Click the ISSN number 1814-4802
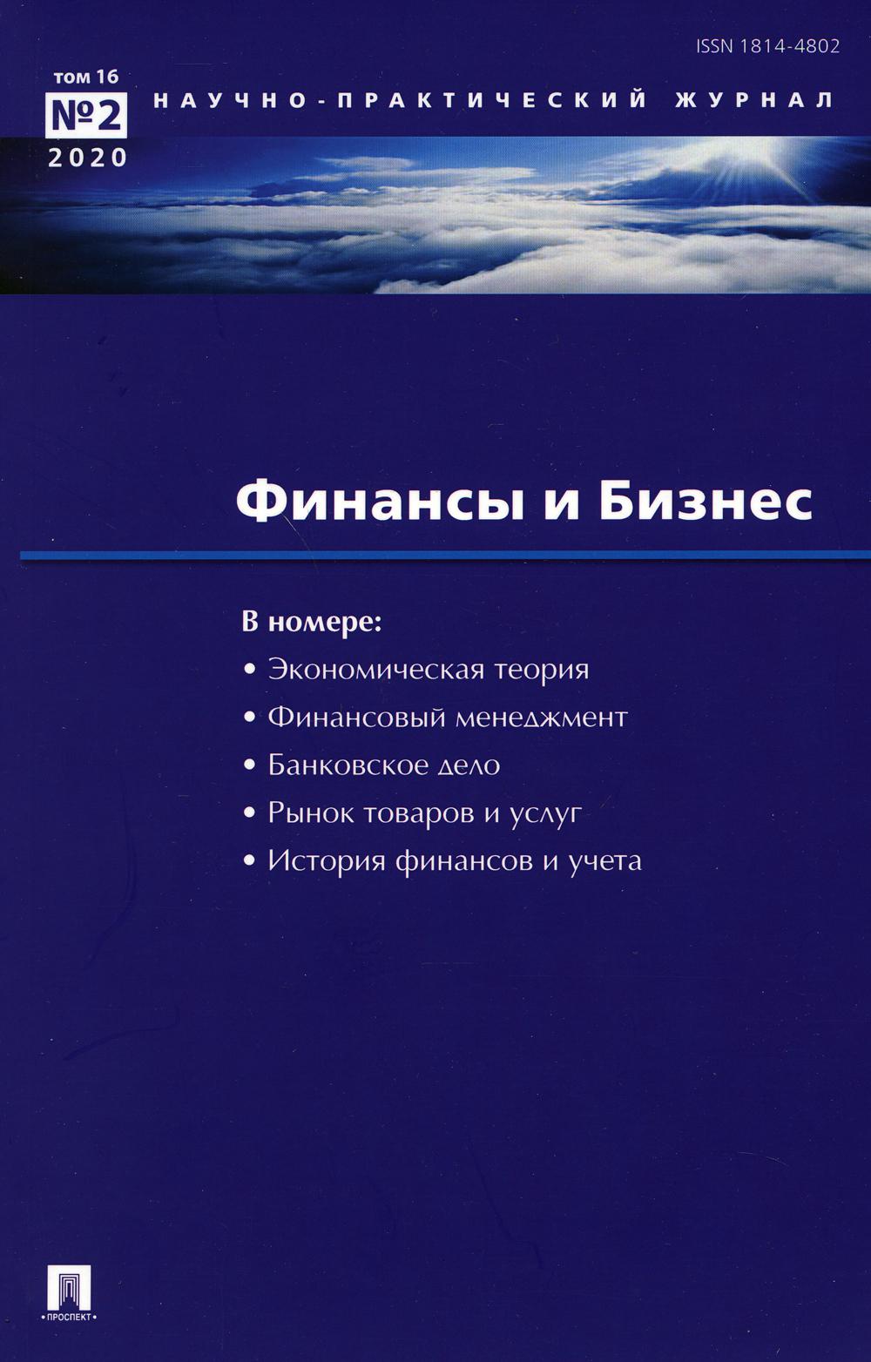[767, 47]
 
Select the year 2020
[88, 158]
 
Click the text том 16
[85, 77]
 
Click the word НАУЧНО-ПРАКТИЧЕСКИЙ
[401, 99]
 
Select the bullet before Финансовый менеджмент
[250, 718]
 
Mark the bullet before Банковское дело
[250, 766]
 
